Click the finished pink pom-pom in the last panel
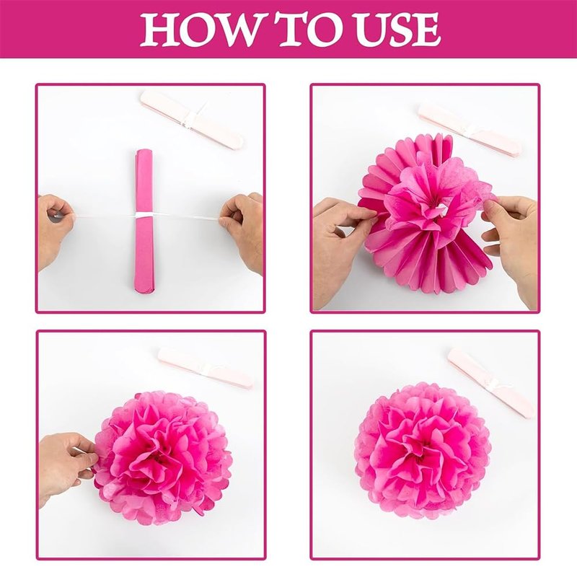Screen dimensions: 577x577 click(423, 451)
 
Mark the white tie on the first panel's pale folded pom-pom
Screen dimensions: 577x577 click(190, 117)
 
